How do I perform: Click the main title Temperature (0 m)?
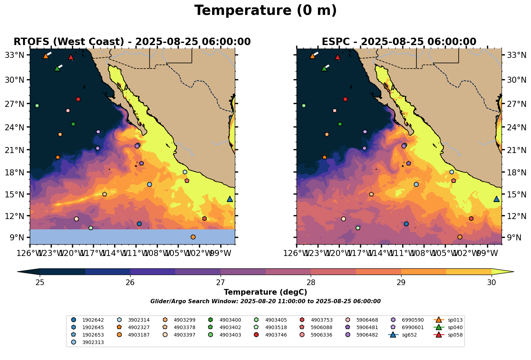click(x=265, y=11)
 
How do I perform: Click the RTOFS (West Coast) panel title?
click(x=132, y=42)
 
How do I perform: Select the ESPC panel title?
click(x=399, y=42)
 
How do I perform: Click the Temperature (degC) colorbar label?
click(x=265, y=292)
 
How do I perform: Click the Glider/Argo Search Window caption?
click(x=265, y=301)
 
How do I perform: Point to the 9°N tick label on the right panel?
click(x=511, y=238)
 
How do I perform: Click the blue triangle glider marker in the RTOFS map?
click(x=229, y=199)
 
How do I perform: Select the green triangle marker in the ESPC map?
click(x=324, y=69)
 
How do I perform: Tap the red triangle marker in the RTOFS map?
click(x=71, y=57)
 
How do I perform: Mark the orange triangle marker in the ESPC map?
click(x=312, y=56)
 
